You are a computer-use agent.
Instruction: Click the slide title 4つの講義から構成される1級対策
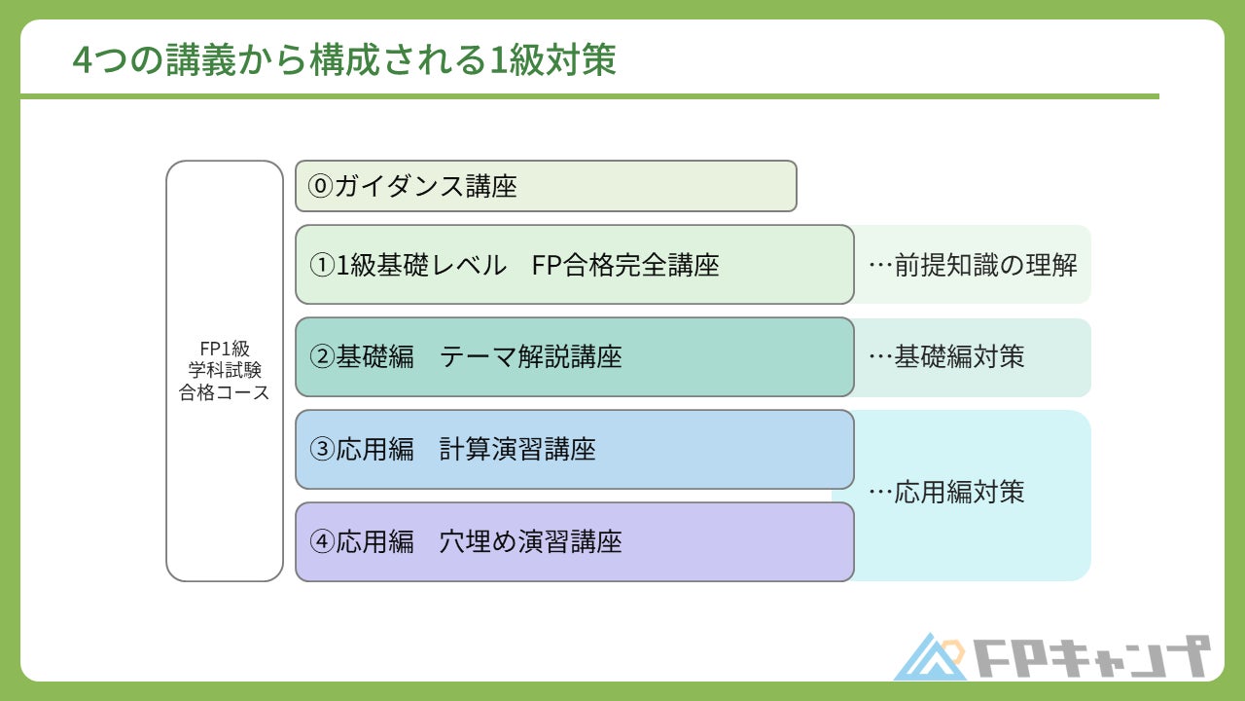pos(344,60)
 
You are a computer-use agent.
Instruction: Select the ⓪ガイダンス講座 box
pos(546,186)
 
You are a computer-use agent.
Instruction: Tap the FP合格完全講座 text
pos(625,265)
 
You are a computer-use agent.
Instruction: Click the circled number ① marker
pos(322,265)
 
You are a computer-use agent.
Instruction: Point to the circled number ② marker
pos(322,357)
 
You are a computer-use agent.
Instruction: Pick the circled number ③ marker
pos(322,450)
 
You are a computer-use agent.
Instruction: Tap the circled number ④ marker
pos(322,542)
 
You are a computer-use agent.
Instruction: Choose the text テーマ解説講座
pos(531,357)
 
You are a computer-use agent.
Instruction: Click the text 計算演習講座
pos(517,450)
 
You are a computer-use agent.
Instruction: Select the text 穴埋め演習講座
pos(531,542)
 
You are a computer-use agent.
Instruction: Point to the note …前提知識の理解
pos(972,265)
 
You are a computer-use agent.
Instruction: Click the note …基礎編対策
pos(945,357)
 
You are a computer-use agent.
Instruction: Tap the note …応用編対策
pos(945,492)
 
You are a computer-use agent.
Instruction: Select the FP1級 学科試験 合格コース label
pos(225,371)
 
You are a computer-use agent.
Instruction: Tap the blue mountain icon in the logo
pos(930,658)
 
